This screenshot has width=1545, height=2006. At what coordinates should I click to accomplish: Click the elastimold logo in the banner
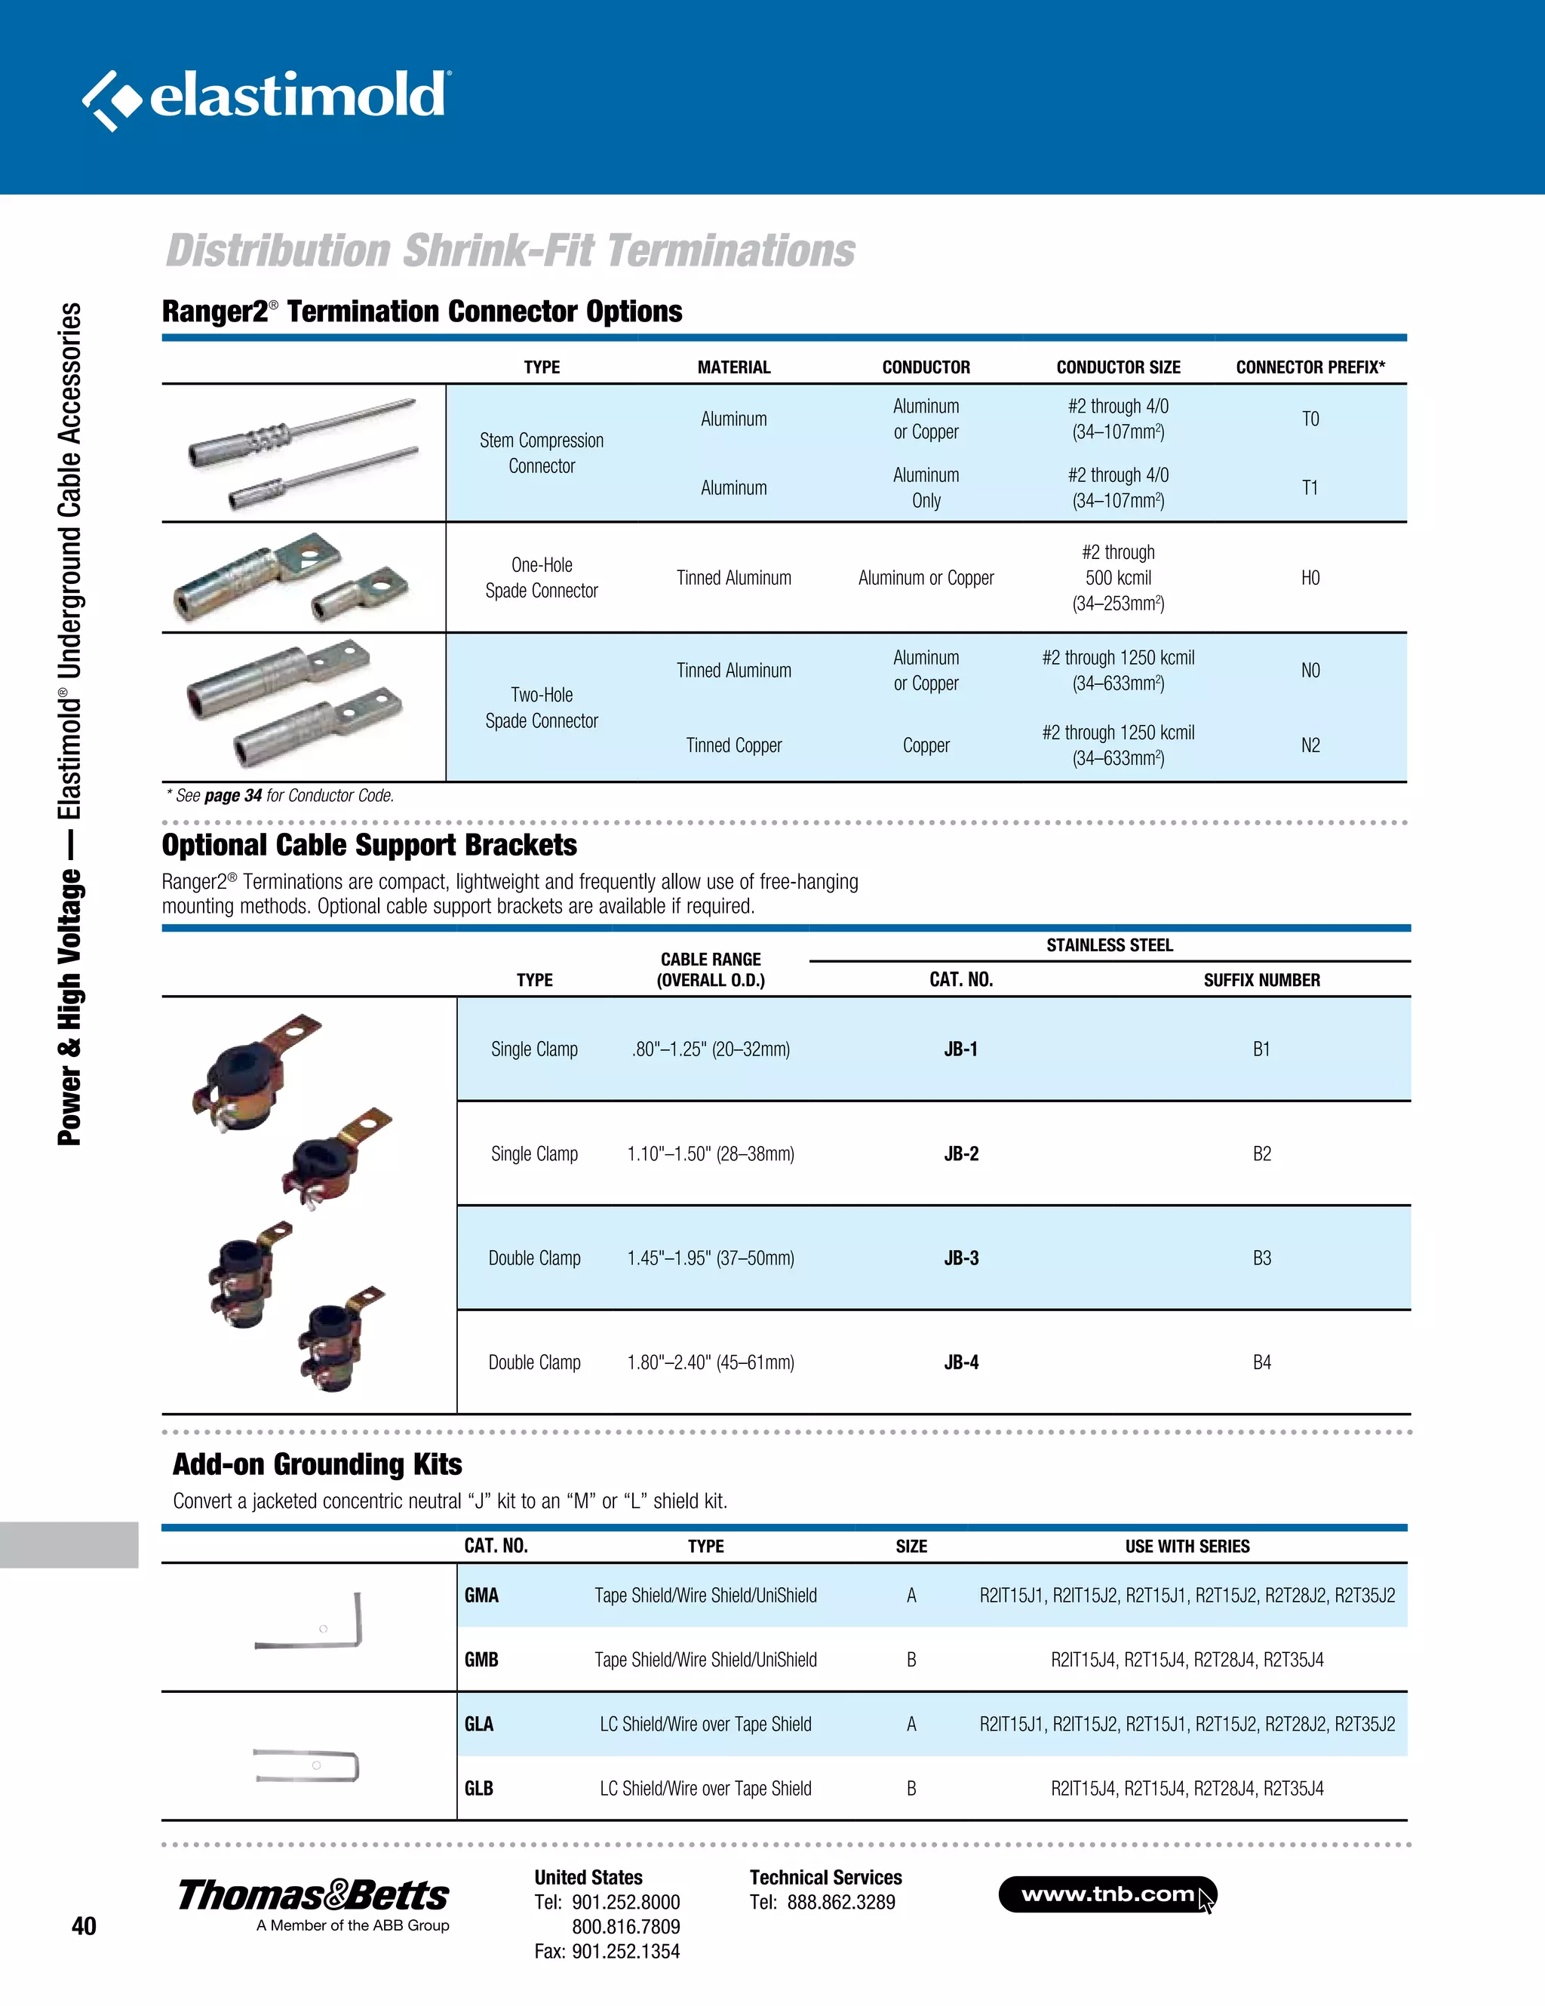(266, 97)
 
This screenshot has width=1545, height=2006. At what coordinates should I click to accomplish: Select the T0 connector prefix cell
(1310, 419)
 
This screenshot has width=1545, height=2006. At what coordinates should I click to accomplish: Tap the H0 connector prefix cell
(1310, 578)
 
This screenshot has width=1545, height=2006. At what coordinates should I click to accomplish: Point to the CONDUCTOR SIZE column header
(1118, 367)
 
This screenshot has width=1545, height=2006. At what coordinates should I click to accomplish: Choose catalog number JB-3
(961, 1258)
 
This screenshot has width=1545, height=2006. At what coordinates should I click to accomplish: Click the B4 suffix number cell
(1261, 1362)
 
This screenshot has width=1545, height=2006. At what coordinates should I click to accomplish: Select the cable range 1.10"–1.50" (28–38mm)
(710, 1154)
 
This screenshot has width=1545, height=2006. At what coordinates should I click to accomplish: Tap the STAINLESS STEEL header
(1109, 945)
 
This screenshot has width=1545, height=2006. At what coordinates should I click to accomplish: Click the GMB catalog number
(481, 1659)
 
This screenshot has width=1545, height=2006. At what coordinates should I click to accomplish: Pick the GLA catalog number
(478, 1723)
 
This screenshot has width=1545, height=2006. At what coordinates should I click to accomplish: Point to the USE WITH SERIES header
(1187, 1546)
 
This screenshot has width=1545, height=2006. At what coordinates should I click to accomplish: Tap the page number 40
(84, 1926)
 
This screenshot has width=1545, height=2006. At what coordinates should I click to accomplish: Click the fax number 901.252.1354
(625, 1951)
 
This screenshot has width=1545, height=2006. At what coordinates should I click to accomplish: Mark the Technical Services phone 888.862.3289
(840, 1902)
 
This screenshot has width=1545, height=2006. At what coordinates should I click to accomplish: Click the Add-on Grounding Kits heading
(317, 1464)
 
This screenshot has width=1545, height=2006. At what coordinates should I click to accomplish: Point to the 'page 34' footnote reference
(232, 795)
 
